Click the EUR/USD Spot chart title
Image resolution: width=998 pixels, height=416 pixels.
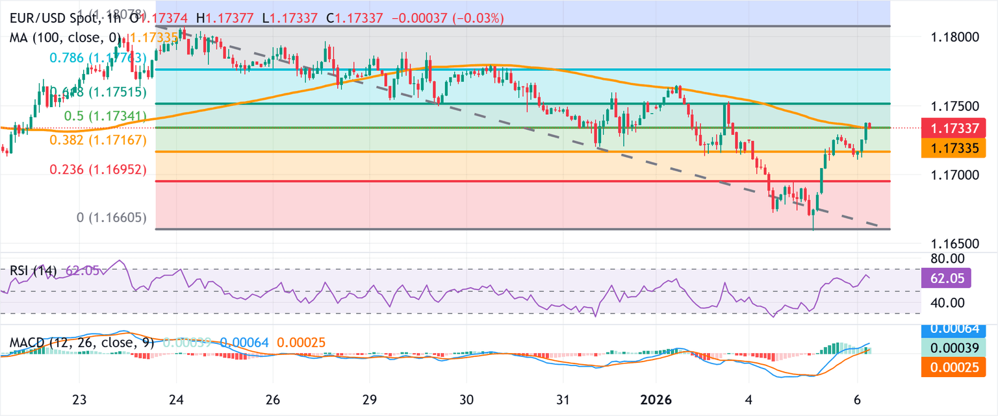(x=58, y=19)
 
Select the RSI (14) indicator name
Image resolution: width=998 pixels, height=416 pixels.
(x=32, y=270)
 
